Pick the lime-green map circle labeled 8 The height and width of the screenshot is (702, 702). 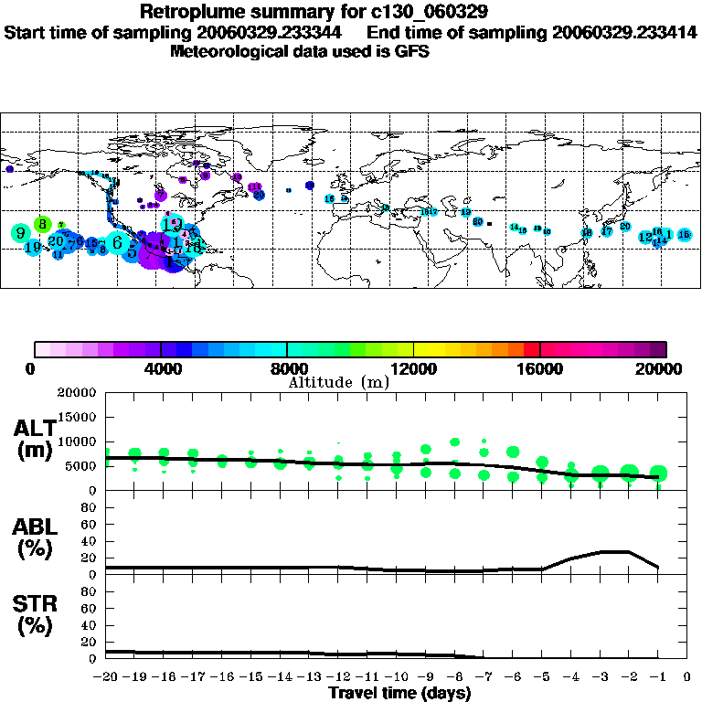tap(42, 223)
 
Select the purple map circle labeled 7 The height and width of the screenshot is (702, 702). tap(161, 195)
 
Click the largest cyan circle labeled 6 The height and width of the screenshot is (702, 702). tap(118, 242)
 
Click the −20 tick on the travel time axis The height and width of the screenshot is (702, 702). tap(107, 677)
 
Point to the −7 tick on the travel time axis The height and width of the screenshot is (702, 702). tap(484, 677)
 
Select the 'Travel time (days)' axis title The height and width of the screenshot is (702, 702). tap(399, 693)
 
